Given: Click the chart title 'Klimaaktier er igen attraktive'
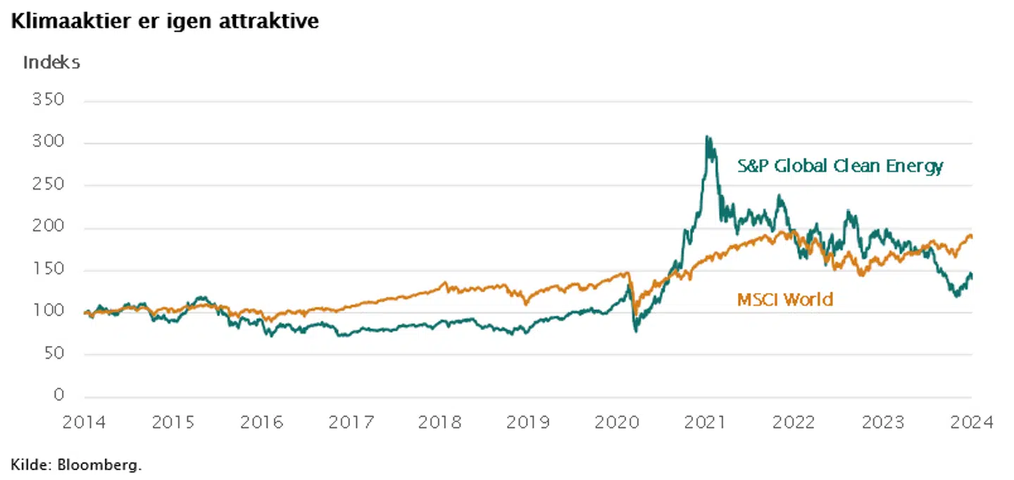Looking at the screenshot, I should click(x=164, y=21).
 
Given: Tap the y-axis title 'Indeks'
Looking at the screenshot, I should click(x=51, y=62).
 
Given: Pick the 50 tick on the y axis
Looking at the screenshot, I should click(x=54, y=354).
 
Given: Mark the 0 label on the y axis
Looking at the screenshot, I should click(x=58, y=396).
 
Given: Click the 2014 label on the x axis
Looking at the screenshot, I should click(x=84, y=422).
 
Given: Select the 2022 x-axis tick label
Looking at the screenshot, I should click(x=794, y=422).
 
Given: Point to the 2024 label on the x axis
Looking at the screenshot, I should click(x=972, y=422).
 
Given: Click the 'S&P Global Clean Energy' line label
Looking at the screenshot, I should click(x=840, y=166).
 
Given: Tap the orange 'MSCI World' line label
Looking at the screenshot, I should click(x=784, y=300).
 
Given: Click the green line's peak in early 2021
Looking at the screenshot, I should click(x=708, y=137).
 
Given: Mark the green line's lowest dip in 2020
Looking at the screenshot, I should click(x=637, y=330).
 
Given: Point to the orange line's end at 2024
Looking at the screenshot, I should click(x=972, y=237).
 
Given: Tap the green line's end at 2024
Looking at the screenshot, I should click(x=972, y=274).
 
